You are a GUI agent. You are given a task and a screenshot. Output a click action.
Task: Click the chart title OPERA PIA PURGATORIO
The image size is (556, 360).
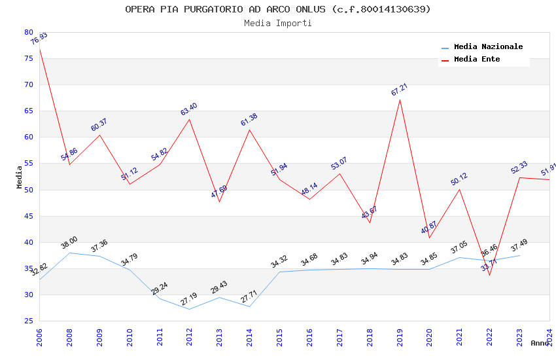point(278,9)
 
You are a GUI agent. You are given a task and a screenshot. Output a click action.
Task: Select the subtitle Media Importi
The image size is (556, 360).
point(278,23)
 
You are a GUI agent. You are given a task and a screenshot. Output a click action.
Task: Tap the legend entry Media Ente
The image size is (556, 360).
point(477,60)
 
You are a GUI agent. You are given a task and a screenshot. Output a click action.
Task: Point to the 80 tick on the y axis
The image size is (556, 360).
point(29,32)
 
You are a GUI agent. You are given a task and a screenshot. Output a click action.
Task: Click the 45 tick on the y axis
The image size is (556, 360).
point(29,216)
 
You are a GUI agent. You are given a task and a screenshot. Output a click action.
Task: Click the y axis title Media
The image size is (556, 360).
point(20,177)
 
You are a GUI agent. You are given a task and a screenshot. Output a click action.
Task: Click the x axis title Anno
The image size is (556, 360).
point(540,343)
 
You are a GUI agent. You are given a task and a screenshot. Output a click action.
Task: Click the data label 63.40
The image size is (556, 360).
point(189,109)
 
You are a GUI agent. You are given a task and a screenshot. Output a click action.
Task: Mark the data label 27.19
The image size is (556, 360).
point(189,299)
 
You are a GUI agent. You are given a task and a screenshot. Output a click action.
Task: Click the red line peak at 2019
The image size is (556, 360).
point(400,99)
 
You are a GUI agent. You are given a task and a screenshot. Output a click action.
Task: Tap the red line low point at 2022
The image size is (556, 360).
point(489,275)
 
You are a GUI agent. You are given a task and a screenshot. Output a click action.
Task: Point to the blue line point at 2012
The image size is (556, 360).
point(190,309)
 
